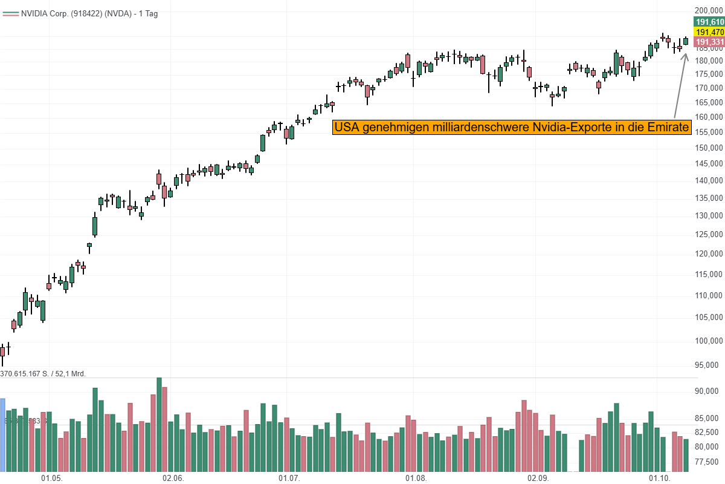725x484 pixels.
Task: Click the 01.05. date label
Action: point(51,478)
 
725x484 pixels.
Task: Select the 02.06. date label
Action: point(173,478)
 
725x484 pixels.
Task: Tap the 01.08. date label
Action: point(416,478)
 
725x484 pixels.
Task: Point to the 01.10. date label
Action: point(660,478)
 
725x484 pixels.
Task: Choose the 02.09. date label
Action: point(538,478)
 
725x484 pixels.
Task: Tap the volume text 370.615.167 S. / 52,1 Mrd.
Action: point(43,374)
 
